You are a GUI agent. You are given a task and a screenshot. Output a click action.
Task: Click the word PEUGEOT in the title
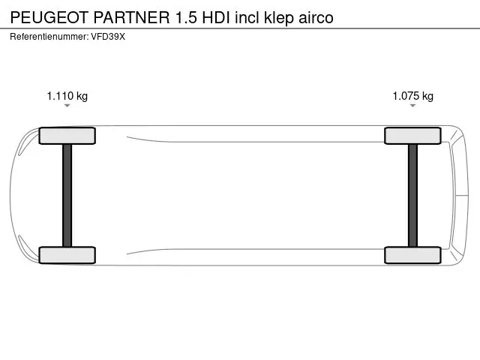point(49,17)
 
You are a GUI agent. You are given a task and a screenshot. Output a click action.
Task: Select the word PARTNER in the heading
point(131,17)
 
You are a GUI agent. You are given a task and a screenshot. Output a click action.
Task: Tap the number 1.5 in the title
point(186,17)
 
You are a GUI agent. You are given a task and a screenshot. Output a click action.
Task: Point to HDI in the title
point(216,17)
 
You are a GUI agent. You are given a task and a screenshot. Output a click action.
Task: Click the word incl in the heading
point(247,17)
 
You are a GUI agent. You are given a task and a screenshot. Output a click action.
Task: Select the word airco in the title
point(316,17)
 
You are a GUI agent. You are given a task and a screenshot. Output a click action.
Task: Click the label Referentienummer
point(49,37)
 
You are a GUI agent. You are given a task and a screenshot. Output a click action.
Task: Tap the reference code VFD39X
point(108,37)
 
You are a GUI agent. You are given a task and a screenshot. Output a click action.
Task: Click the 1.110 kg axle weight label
point(67,96)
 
